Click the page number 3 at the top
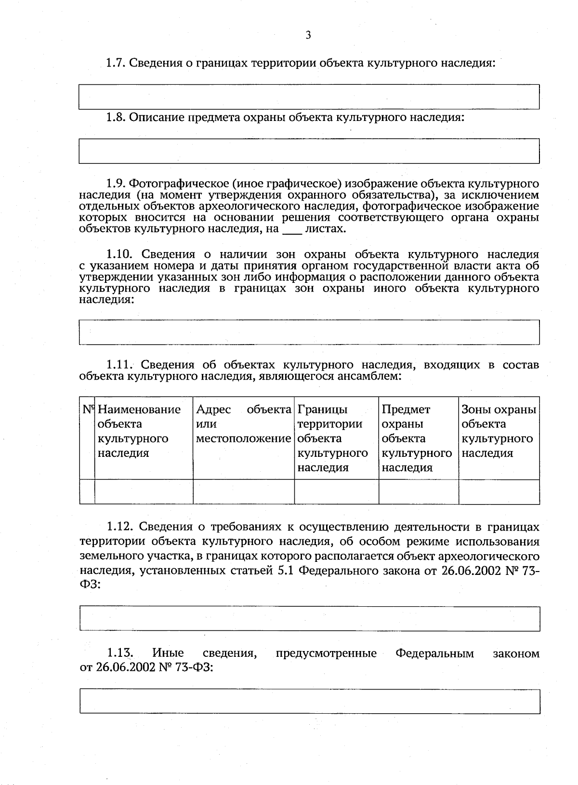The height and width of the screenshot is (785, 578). [308, 35]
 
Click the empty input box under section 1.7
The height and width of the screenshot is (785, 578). [309, 97]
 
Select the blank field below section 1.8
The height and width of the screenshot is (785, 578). [309, 151]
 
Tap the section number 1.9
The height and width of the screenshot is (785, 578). [116, 184]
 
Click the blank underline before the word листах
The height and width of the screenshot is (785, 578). [292, 229]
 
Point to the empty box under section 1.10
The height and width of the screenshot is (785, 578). [309, 332]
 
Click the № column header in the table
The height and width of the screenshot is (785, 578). [87, 410]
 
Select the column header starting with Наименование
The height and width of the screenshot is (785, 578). [139, 410]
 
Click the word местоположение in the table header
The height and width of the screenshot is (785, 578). [244, 439]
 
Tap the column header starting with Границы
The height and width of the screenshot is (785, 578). [322, 410]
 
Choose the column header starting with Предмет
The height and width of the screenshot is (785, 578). [406, 410]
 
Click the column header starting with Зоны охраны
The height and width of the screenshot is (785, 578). [499, 410]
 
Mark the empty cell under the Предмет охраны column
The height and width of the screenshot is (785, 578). [419, 492]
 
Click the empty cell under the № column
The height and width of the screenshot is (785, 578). [87, 492]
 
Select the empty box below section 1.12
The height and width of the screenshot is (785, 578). [309, 619]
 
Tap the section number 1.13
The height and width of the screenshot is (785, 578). [119, 653]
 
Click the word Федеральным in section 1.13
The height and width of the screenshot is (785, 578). [434, 653]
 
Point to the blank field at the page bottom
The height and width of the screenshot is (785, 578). [309, 701]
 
